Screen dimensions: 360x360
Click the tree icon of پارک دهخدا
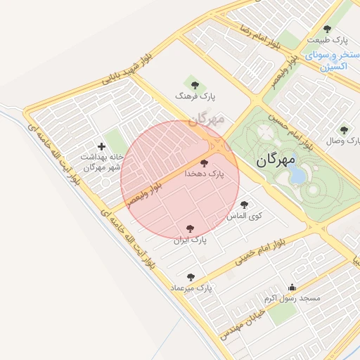pyautogui.click(x=205, y=163)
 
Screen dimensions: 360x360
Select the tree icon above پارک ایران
pyautogui.click(x=190, y=229)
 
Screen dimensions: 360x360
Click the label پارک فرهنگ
pyautogui.click(x=195, y=94)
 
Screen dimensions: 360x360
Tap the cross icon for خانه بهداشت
pyautogui.click(x=102, y=146)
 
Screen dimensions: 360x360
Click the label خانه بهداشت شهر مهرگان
pyautogui.click(x=102, y=162)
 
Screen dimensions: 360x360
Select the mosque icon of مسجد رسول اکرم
pyautogui.click(x=292, y=287)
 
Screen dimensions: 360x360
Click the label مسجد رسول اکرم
pyautogui.click(x=292, y=299)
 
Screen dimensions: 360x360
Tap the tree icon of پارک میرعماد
pyautogui.click(x=191, y=277)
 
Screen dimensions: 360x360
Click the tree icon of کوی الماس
pyautogui.click(x=244, y=205)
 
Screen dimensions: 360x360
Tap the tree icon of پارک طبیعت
pyautogui.click(x=327, y=29)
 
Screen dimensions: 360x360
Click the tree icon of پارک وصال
pyautogui.click(x=344, y=130)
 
